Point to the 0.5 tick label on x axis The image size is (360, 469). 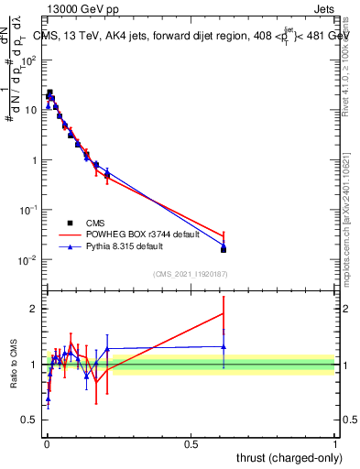point(191,443)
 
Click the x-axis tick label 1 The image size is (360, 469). point(335,443)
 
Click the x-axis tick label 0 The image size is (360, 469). point(47,443)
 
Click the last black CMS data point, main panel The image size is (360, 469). point(224,249)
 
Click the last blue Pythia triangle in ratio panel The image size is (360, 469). point(224,346)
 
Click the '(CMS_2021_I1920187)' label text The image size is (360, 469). point(191,274)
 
